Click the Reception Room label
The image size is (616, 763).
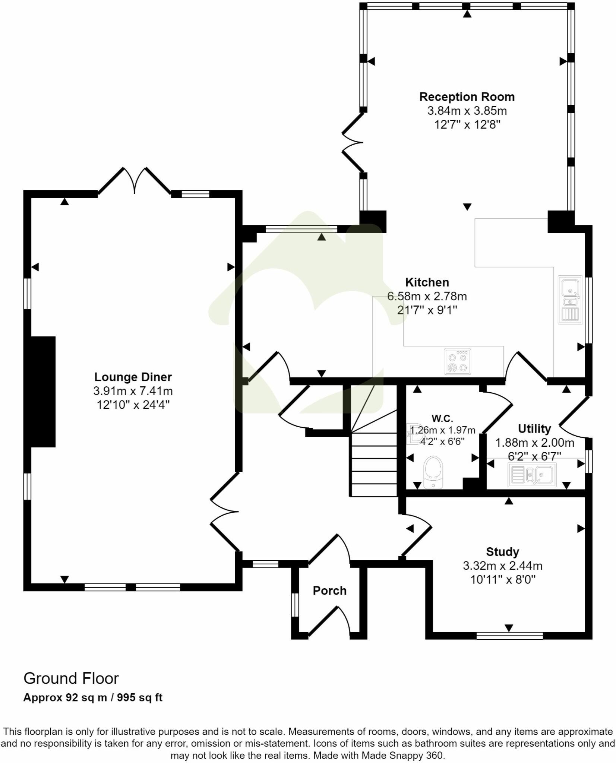point(467,97)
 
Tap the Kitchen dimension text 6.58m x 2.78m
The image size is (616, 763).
point(427,296)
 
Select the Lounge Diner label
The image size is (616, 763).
point(133,377)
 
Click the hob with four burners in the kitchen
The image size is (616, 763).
point(458,361)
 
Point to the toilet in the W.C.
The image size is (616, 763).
point(433,472)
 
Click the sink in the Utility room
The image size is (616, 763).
point(532,475)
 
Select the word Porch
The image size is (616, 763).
point(329,591)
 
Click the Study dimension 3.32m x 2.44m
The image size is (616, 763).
point(502,566)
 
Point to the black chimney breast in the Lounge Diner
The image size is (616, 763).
point(42,391)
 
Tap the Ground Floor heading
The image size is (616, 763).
point(71,678)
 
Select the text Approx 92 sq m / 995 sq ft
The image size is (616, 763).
point(93,697)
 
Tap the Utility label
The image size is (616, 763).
point(534,429)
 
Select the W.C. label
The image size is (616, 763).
point(442,418)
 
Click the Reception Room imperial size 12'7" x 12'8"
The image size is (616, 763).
point(467,124)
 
